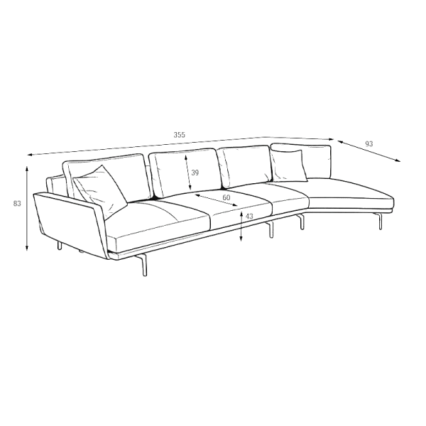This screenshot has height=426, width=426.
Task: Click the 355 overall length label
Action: pyautogui.click(x=180, y=135)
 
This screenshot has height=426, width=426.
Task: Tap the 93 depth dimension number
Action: pyautogui.click(x=369, y=143)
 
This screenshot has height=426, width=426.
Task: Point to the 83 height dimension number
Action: pyautogui.click(x=17, y=203)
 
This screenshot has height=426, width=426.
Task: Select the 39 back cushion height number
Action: pyautogui.click(x=195, y=173)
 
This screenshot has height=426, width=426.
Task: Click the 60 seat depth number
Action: pyautogui.click(x=226, y=197)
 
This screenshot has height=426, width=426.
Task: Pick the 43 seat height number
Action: pyautogui.click(x=249, y=217)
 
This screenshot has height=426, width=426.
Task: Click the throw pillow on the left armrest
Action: pyautogui.click(x=100, y=192)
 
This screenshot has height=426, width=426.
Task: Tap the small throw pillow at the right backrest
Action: pyautogui.click(x=289, y=165)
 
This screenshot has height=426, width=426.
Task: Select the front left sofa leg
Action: pyautogui.click(x=143, y=265)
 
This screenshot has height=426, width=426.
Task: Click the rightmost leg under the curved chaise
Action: pyautogui.click(x=379, y=221)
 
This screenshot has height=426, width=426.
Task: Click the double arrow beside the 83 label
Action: pyautogui.click(x=27, y=208)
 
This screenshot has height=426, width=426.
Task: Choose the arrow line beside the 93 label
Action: pyautogui.click(x=369, y=151)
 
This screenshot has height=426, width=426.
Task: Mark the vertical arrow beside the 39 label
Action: pyautogui.click(x=187, y=173)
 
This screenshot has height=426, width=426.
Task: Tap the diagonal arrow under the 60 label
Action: pyautogui.click(x=217, y=200)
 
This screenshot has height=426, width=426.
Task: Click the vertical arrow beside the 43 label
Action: pyautogui.click(x=241, y=226)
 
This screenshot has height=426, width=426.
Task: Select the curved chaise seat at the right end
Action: pyautogui.click(x=351, y=192)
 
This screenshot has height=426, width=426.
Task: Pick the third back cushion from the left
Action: pyautogui.click(x=246, y=165)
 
